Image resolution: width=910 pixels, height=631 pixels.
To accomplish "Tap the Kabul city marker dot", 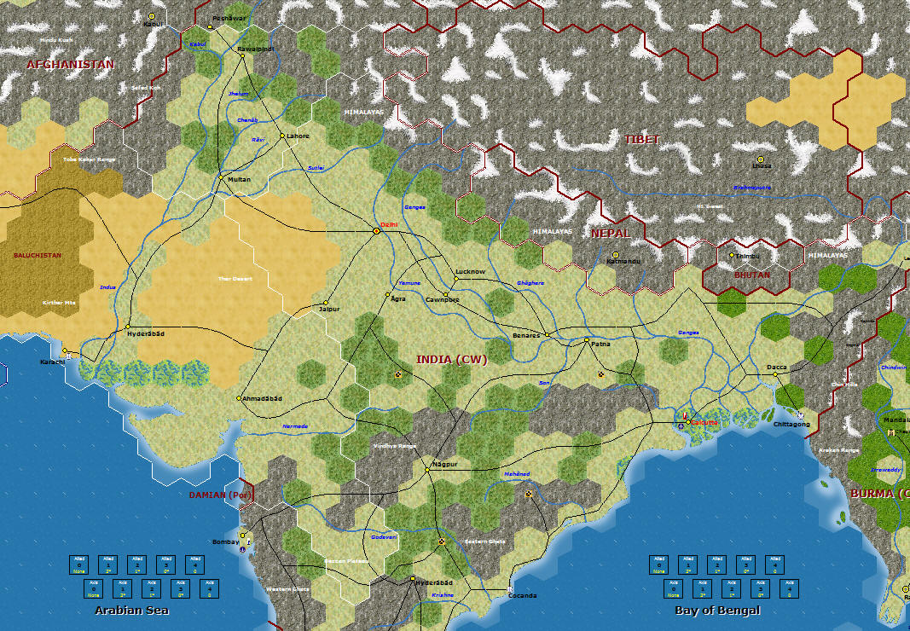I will [x=152, y=15].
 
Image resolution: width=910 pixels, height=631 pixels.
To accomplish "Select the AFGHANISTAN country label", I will [x=71, y=64].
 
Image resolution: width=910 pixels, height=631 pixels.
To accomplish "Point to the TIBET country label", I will [x=642, y=140].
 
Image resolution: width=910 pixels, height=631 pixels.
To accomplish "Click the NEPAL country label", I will [x=611, y=233].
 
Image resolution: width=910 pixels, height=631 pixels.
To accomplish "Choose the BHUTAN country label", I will [x=751, y=275].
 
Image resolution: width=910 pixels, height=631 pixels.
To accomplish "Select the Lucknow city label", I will [x=470, y=272].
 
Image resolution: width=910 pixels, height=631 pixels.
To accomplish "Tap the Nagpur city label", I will [x=444, y=465].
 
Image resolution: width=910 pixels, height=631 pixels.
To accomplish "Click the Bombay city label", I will [x=223, y=541].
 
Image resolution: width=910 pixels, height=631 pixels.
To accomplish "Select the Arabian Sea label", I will [x=131, y=611].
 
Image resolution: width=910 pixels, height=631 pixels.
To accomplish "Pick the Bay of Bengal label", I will [x=717, y=611].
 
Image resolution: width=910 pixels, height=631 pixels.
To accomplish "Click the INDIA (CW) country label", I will [x=451, y=360].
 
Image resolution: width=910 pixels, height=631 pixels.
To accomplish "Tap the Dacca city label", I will [x=776, y=368].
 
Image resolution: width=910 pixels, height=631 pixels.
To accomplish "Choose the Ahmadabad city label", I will [x=261, y=398].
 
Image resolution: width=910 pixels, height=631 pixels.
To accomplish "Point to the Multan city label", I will [x=239, y=179].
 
